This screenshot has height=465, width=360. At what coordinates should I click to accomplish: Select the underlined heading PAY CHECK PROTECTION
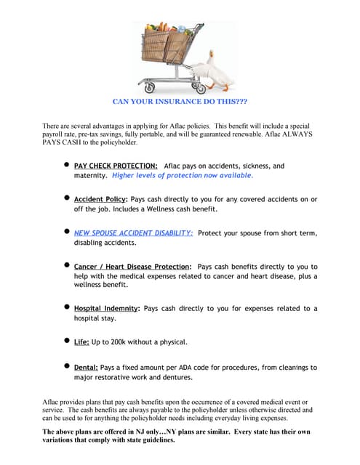[x=116, y=166]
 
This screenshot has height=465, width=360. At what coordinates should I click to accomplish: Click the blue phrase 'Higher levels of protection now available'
[x=183, y=176]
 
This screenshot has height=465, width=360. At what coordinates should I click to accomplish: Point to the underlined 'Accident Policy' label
[x=100, y=199]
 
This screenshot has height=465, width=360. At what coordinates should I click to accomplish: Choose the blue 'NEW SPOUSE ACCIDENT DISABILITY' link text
[x=133, y=232]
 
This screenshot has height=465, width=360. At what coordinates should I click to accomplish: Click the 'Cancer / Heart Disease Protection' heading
[x=132, y=267]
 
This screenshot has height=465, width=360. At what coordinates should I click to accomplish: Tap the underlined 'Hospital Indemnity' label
[x=106, y=309]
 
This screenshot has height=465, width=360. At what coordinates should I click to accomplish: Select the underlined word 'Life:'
[x=83, y=341]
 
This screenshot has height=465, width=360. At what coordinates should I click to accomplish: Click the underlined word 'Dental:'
[x=86, y=368]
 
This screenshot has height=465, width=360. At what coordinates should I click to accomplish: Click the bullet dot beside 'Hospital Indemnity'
[x=66, y=307]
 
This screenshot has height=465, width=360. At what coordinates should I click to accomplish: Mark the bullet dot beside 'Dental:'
[x=66, y=366]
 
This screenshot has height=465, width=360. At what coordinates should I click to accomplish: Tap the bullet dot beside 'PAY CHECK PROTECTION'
[x=66, y=165]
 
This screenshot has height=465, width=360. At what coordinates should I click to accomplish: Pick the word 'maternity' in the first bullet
[x=91, y=176]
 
